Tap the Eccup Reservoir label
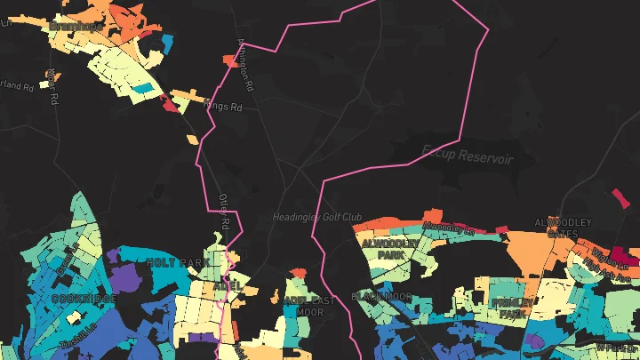468,154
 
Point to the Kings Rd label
222,107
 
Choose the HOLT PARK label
177,263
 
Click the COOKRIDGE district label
84,299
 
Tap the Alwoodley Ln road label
444,228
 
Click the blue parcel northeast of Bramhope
168,42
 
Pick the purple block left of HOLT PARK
114,256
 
